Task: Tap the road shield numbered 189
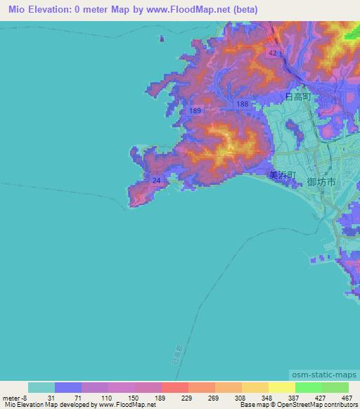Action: [195, 111]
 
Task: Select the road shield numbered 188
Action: [243, 104]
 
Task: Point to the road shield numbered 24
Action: [156, 181]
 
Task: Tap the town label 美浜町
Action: [283, 176]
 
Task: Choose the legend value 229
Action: [175, 398]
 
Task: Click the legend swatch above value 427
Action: [309, 387]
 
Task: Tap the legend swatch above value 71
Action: [68, 387]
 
